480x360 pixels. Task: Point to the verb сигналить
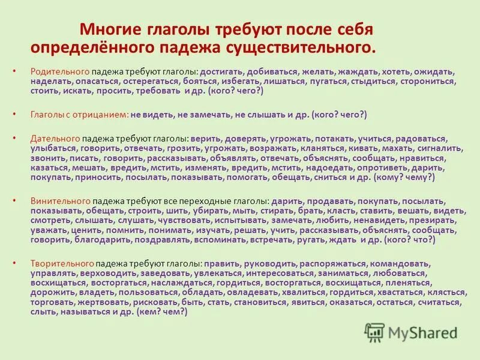436,148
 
